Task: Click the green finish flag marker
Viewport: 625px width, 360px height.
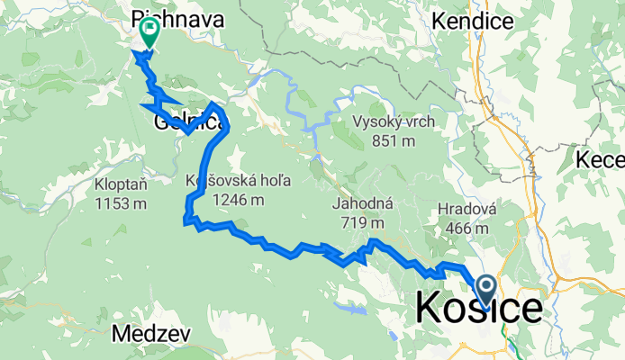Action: pyautogui.click(x=148, y=32)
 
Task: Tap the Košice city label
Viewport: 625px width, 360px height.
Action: pyautogui.click(x=479, y=309)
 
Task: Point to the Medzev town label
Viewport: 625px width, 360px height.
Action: pyautogui.click(x=151, y=335)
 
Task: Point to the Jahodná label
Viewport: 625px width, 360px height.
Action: pyautogui.click(x=358, y=205)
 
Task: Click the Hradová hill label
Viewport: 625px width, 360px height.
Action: pyautogui.click(x=467, y=210)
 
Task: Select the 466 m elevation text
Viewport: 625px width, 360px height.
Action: pyautogui.click(x=467, y=228)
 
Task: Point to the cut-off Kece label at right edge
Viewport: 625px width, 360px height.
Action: pyautogui.click(x=601, y=160)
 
